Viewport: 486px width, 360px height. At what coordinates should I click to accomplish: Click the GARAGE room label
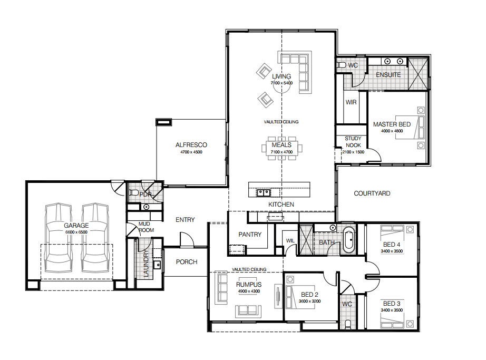pyautogui.click(x=76, y=225)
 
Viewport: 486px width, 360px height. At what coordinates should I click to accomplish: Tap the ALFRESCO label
pyautogui.click(x=191, y=144)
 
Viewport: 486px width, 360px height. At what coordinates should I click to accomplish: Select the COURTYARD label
pyautogui.click(x=372, y=193)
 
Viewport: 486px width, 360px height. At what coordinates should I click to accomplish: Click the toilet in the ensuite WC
pyautogui.click(x=341, y=65)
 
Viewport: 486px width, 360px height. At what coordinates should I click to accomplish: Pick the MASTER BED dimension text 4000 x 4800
pyautogui.click(x=392, y=131)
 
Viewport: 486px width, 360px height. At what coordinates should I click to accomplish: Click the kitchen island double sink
pyautogui.click(x=264, y=193)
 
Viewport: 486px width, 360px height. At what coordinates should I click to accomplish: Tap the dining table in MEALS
pyautogui.click(x=282, y=148)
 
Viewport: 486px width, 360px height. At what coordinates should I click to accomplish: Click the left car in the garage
pyautogui.click(x=59, y=237)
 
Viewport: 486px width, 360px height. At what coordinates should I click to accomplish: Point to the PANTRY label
pyautogui.click(x=250, y=235)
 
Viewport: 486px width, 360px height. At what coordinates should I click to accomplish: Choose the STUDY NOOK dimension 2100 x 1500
pyautogui.click(x=353, y=152)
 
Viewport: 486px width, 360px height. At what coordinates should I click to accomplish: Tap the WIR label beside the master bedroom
pyautogui.click(x=351, y=102)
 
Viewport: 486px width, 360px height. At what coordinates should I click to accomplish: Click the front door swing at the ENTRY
pyautogui.click(x=187, y=239)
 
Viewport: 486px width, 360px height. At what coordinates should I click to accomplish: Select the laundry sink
pyautogui.click(x=157, y=265)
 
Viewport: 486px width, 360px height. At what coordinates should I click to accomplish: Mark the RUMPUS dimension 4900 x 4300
pyautogui.click(x=249, y=291)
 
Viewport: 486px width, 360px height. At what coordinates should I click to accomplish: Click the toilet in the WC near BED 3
pyautogui.click(x=347, y=324)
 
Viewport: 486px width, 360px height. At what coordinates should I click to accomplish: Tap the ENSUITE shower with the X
pyautogui.click(x=417, y=74)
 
